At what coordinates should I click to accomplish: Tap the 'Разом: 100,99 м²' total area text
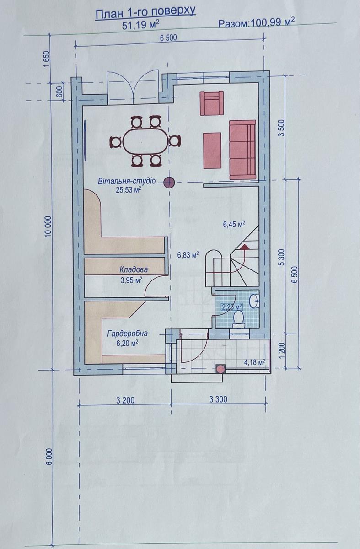coord(256,23)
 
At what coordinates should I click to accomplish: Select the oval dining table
coord(146,142)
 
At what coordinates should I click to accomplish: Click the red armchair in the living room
coord(211,103)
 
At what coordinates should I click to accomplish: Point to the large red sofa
coord(242,150)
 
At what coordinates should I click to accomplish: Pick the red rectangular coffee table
coord(212,151)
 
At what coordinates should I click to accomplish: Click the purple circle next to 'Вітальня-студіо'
coord(169,183)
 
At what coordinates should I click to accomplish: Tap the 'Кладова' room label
coord(134,270)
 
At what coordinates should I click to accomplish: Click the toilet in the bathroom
coord(238,319)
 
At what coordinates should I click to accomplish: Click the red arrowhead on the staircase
coord(245,246)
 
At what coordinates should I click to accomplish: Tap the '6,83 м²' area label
coord(188,255)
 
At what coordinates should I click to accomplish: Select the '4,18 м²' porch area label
coord(255,362)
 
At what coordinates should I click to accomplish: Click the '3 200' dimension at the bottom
coord(125,400)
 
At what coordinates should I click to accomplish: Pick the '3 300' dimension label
coord(218,399)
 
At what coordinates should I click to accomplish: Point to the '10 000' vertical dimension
coord(48,226)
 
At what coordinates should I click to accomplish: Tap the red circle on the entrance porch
coord(220,369)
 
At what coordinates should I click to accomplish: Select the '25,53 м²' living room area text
coord(129,190)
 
